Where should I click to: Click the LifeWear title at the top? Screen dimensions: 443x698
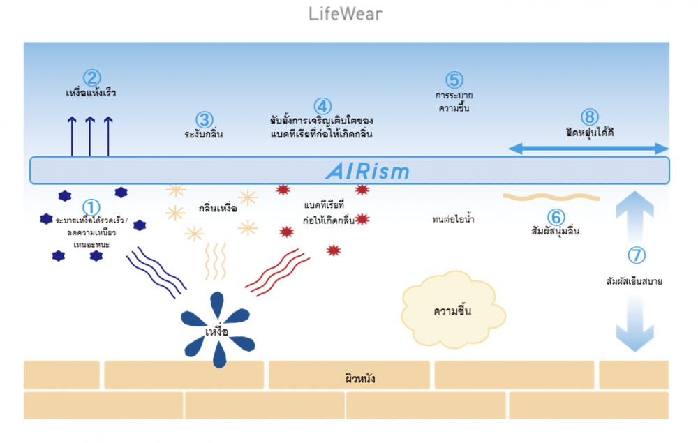point(346,14)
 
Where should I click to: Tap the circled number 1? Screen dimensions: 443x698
point(91,207)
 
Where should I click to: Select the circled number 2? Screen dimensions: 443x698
point(91,77)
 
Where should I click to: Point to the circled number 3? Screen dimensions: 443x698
point(204,120)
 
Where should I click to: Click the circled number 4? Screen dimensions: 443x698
point(322,106)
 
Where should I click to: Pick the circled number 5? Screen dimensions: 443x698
point(454,80)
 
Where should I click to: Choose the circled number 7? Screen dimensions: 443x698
point(637,255)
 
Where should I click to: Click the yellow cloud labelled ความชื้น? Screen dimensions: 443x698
point(452,308)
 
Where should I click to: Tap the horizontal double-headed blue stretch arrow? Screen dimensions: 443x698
point(588,148)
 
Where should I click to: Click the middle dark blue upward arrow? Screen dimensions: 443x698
point(90,136)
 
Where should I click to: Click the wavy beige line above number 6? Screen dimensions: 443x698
point(551,197)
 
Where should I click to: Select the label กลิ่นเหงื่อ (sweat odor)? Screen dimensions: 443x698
point(218,209)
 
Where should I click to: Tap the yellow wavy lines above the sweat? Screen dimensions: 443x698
point(216,261)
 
